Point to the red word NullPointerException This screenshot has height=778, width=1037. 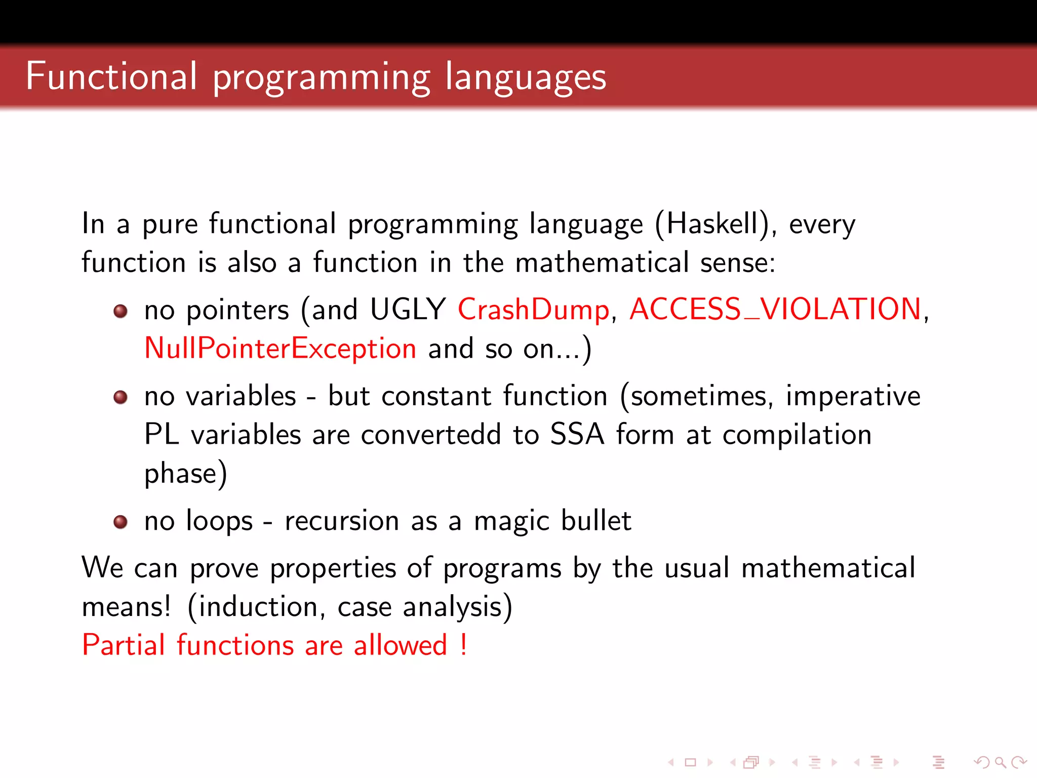click(x=280, y=348)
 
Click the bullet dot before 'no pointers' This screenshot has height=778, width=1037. click(x=121, y=310)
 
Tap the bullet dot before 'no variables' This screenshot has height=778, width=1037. click(x=121, y=397)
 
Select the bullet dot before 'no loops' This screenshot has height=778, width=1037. click(x=121, y=522)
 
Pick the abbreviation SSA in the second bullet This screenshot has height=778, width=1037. click(x=577, y=435)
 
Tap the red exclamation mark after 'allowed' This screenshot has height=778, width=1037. click(x=463, y=645)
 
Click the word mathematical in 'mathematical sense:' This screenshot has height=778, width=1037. click(x=602, y=262)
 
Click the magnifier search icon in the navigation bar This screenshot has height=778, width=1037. click(x=1000, y=762)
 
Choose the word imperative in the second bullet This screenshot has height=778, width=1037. click(x=853, y=396)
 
